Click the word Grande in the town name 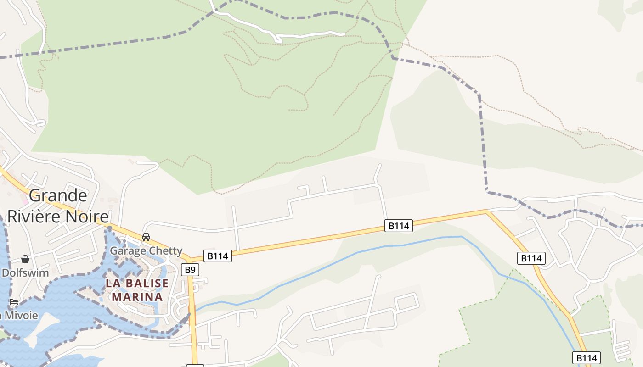click(x=58, y=196)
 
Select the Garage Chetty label click(x=146, y=251)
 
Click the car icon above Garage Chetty click(x=146, y=237)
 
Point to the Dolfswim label click(x=25, y=273)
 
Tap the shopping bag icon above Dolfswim click(x=25, y=260)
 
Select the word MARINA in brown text click(x=137, y=297)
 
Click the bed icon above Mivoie click(x=14, y=302)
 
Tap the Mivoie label click(x=21, y=315)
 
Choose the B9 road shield click(x=190, y=270)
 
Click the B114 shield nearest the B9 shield click(x=218, y=256)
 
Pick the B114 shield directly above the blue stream click(x=398, y=226)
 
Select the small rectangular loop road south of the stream click(x=407, y=301)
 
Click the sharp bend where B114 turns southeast click(x=487, y=211)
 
